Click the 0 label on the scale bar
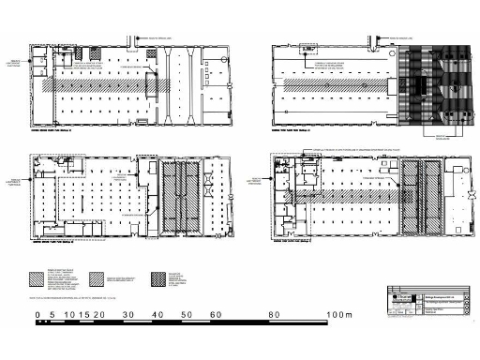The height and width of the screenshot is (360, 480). tap(38, 314)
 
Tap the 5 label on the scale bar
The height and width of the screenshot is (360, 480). tap(52, 314)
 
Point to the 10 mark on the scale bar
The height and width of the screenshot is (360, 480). tap(68, 314)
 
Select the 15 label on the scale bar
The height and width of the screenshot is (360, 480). tap(83, 314)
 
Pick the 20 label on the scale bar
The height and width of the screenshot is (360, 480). tap(98, 314)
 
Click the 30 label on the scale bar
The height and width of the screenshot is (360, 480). tap(128, 314)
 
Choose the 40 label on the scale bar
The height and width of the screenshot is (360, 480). tap(158, 314)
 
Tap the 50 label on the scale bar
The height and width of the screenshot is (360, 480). tap(187, 314)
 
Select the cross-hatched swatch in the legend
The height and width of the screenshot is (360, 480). tap(174, 278)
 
